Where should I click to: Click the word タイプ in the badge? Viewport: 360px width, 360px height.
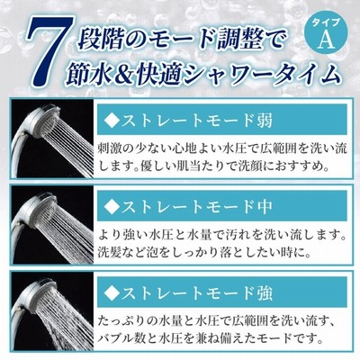click(x=327, y=23)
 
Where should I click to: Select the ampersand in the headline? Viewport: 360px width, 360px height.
click(x=121, y=74)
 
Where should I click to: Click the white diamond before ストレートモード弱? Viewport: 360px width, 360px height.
click(x=111, y=121)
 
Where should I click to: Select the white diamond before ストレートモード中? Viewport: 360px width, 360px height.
click(x=111, y=206)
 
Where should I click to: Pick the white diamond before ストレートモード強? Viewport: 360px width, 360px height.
click(x=111, y=292)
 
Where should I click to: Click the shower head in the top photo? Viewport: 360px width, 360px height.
click(x=42, y=121)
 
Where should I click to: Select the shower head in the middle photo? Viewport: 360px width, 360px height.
click(x=42, y=209)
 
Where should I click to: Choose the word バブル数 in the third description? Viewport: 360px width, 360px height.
click(x=122, y=338)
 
